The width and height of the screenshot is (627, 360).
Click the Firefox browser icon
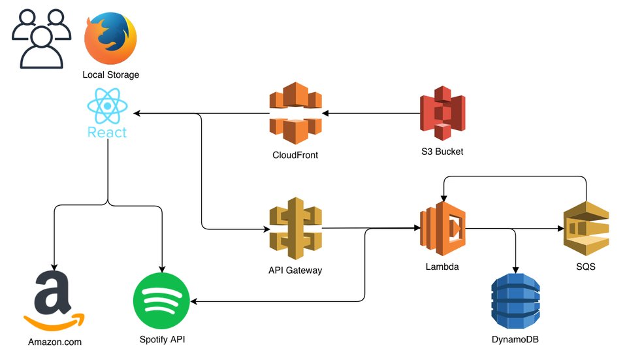[x=110, y=38]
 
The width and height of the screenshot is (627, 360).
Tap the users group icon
[x=41, y=39]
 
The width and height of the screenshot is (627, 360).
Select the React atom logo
[x=107, y=107]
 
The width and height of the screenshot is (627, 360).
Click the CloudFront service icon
[x=295, y=115]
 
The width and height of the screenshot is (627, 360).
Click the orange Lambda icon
[x=442, y=229]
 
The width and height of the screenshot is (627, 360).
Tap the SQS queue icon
[x=586, y=229]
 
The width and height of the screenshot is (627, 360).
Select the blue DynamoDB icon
[x=516, y=301]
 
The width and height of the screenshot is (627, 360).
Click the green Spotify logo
[x=161, y=301]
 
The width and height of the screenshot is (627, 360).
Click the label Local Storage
[x=110, y=75]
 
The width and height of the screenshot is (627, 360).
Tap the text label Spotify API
[x=163, y=340]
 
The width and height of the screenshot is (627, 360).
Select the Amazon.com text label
[x=55, y=342]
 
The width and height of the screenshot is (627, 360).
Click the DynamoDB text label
[x=515, y=340]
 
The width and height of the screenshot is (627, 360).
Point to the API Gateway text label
[x=295, y=270]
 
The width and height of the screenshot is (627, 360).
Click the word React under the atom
[x=107, y=132]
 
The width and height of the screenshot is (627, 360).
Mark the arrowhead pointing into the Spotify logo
[x=194, y=301]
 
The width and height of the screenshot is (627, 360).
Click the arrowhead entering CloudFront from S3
[x=325, y=114]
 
